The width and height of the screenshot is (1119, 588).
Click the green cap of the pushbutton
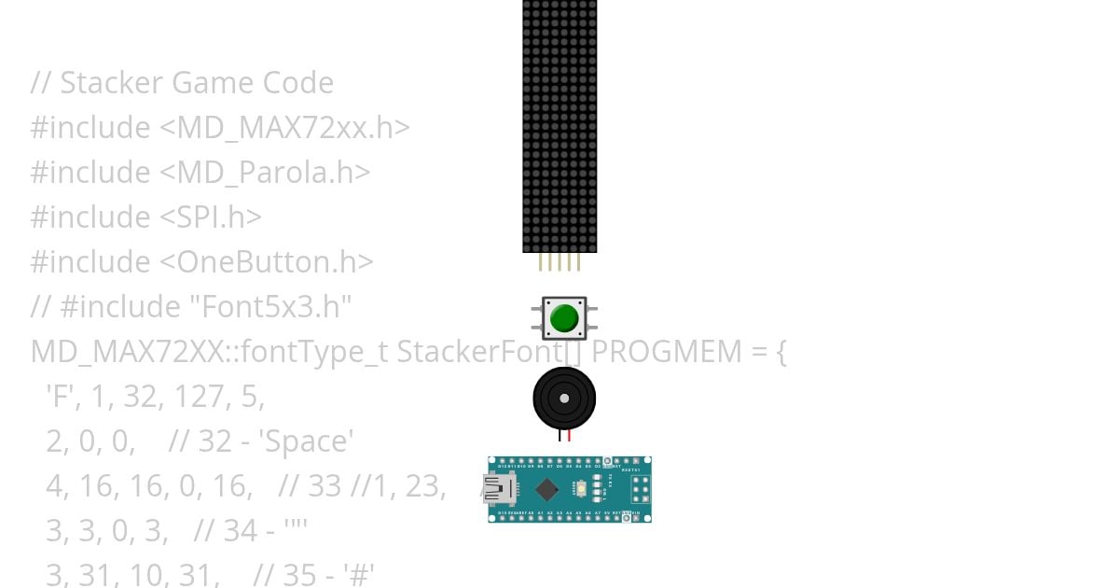[x=564, y=318]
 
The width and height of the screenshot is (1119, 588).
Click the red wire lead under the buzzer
[x=568, y=436]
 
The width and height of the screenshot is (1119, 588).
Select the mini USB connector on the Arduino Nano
[x=500, y=488]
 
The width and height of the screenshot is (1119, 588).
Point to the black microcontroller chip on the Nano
[x=547, y=489]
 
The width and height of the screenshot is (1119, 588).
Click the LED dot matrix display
[x=559, y=126]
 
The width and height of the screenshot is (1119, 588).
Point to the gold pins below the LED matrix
[x=559, y=262]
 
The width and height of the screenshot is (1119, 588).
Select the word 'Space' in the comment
[x=309, y=441]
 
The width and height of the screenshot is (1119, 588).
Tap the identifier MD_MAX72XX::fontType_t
[x=210, y=352]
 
